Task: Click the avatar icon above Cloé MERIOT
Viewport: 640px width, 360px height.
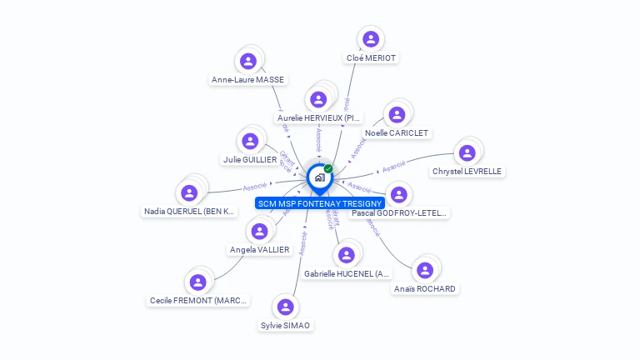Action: point(371,38)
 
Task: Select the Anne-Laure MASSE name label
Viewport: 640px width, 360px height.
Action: point(247,80)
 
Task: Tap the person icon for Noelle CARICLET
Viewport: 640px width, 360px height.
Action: point(397,114)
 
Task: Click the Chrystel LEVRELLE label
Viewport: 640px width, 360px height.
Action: point(467,172)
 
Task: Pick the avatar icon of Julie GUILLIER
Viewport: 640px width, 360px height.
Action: point(250,140)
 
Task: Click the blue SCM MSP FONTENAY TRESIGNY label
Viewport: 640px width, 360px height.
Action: point(320,203)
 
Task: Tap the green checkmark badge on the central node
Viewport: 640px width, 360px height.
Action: point(328,169)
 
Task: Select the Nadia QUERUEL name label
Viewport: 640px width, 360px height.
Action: point(189,212)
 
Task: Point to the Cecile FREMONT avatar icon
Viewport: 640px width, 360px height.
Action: point(197,282)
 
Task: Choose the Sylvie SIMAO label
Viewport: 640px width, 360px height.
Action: point(286,326)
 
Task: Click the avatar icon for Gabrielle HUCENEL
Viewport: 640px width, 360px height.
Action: point(347,254)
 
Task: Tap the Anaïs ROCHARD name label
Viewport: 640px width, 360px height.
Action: point(425,289)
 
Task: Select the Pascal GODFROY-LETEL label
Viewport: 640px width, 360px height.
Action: point(399,213)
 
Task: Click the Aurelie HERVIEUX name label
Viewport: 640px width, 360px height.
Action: point(319,118)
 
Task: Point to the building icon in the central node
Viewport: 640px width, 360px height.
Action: point(319,177)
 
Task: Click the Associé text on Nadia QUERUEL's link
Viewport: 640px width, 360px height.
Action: point(255,187)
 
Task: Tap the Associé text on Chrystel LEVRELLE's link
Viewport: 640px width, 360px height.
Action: point(393,166)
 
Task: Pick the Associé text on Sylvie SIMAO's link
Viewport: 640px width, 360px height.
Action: point(303,242)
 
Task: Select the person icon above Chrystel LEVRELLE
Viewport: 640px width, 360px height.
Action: point(467,152)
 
